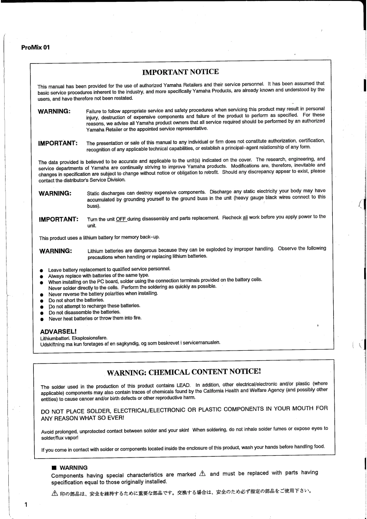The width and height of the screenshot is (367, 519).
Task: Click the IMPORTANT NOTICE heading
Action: (180, 72)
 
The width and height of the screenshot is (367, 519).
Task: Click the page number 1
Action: (26, 505)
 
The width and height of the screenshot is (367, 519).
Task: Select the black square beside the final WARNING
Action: (54, 468)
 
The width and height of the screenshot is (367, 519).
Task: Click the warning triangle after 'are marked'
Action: (201, 474)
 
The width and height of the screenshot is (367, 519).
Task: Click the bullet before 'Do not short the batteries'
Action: (42, 300)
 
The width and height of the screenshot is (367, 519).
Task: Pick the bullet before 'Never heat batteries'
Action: (42, 318)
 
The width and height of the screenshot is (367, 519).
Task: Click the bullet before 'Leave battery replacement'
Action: (42, 269)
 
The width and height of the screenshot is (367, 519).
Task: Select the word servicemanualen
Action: (200, 343)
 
